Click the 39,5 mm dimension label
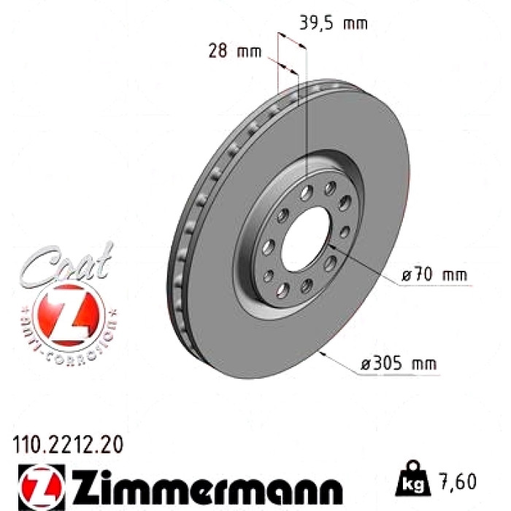pyautogui.click(x=333, y=23)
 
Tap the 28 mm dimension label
pyautogui.click(x=234, y=51)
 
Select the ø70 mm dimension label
pyautogui.click(x=434, y=274)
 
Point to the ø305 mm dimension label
pyautogui.click(x=399, y=363)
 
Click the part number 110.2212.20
pyautogui.click(x=68, y=445)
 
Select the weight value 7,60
pyautogui.click(x=458, y=482)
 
